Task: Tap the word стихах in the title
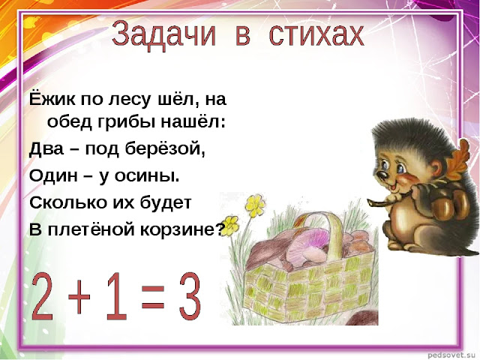tap(316, 34)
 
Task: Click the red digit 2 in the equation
tap(46, 296)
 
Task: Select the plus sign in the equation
tap(79, 297)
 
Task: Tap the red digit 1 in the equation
tap(115, 296)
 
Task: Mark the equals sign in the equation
tap(153, 295)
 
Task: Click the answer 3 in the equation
tap(190, 296)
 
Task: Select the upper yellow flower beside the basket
tap(255, 204)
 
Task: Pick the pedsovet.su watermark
tap(453, 355)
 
